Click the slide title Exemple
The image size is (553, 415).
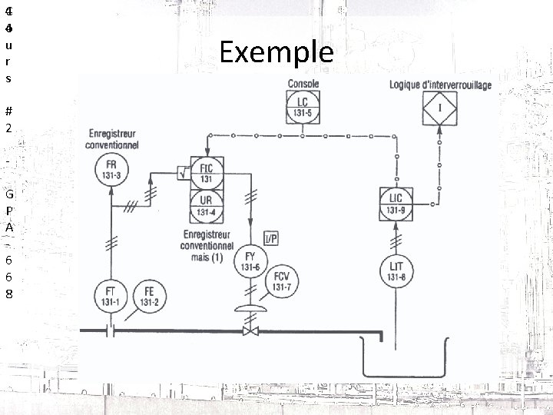(276, 52)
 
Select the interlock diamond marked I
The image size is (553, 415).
(439, 108)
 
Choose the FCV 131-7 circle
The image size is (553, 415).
(282, 283)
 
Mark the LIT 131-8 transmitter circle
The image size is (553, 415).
(396, 271)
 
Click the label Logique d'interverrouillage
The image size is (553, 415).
(441, 84)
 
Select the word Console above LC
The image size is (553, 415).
(304, 84)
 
